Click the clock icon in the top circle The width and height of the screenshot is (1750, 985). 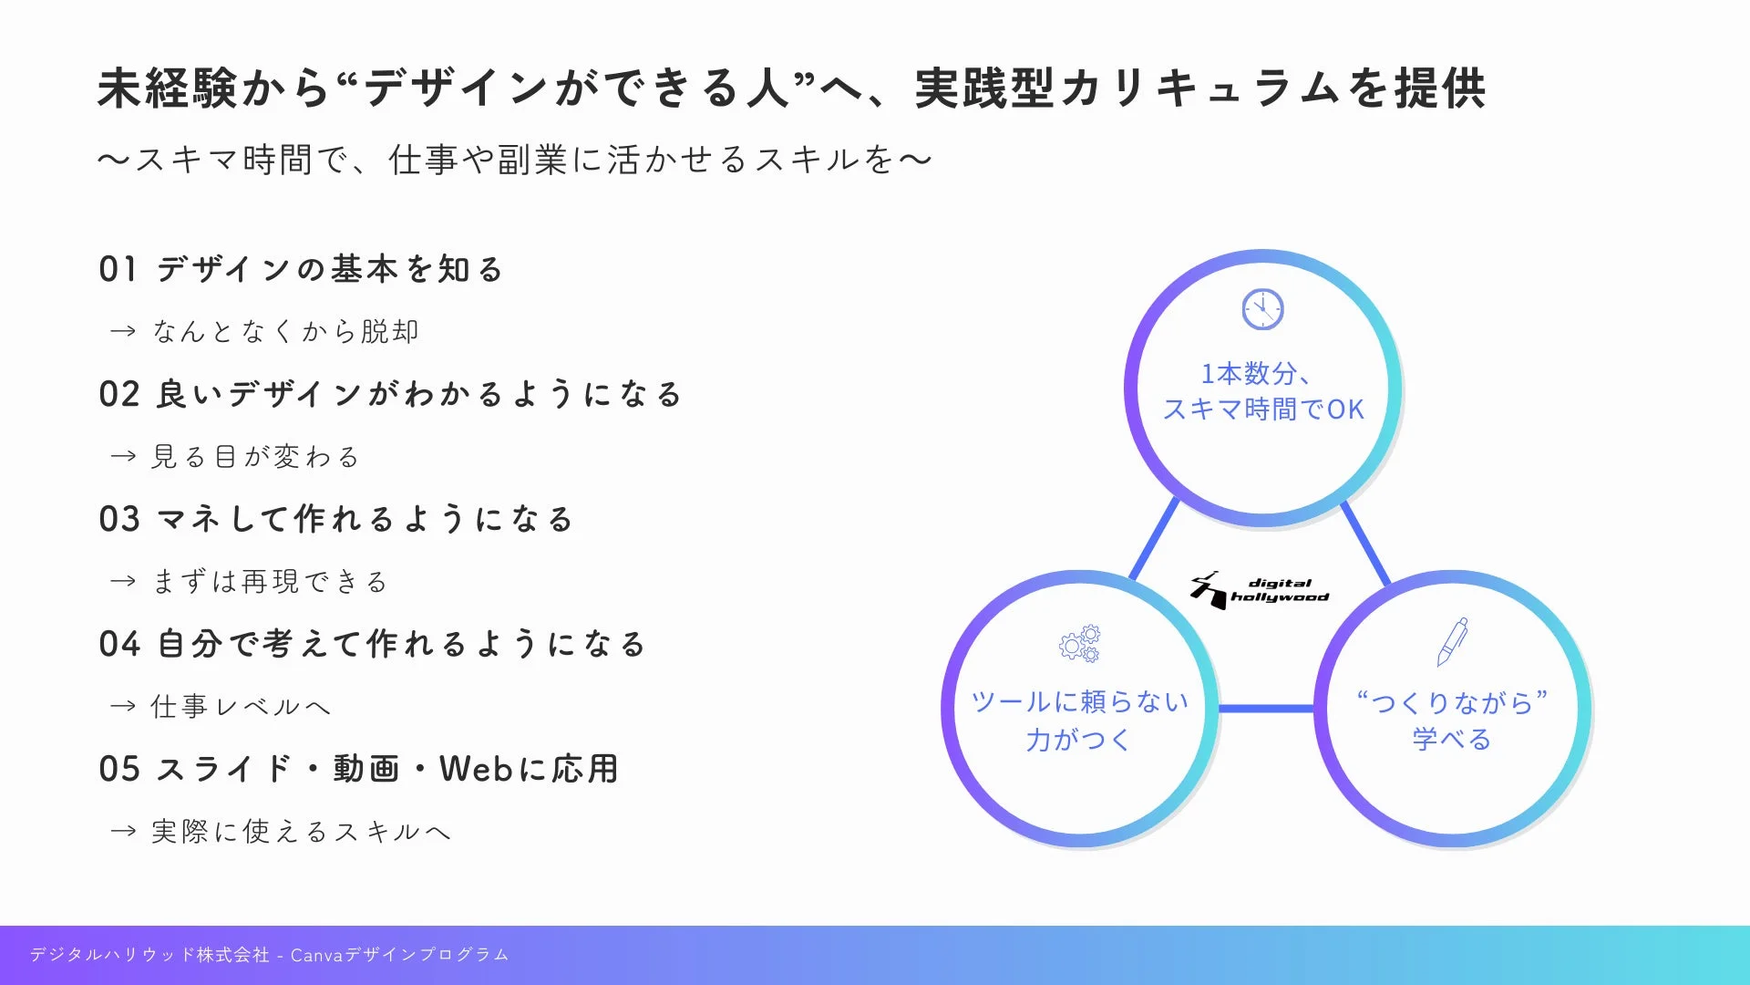coord(1262,309)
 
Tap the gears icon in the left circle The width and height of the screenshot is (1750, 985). coord(1079,644)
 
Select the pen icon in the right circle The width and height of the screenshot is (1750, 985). coord(1452,641)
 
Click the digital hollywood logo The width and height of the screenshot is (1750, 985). coord(1260,590)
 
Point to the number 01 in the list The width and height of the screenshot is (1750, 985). coord(118,270)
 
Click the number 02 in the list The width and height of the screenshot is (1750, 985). coord(119,395)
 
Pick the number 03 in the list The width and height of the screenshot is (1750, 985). coord(119,520)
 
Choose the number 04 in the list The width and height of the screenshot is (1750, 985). coord(119,645)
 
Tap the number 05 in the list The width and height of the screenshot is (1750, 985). coord(119,770)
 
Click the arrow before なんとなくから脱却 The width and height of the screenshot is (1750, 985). coord(123,331)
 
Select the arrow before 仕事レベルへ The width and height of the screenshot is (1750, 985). coord(123,706)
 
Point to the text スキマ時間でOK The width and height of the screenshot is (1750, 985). coord(1263,410)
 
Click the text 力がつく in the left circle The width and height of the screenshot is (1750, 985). coord(1079,739)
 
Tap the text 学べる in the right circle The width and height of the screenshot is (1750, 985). coord(1452,739)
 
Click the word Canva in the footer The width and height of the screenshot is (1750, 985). coord(316,955)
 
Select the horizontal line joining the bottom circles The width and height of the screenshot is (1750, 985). coord(1266,708)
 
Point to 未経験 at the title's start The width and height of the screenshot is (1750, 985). coord(167,89)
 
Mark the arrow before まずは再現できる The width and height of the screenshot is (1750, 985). coord(123,581)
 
